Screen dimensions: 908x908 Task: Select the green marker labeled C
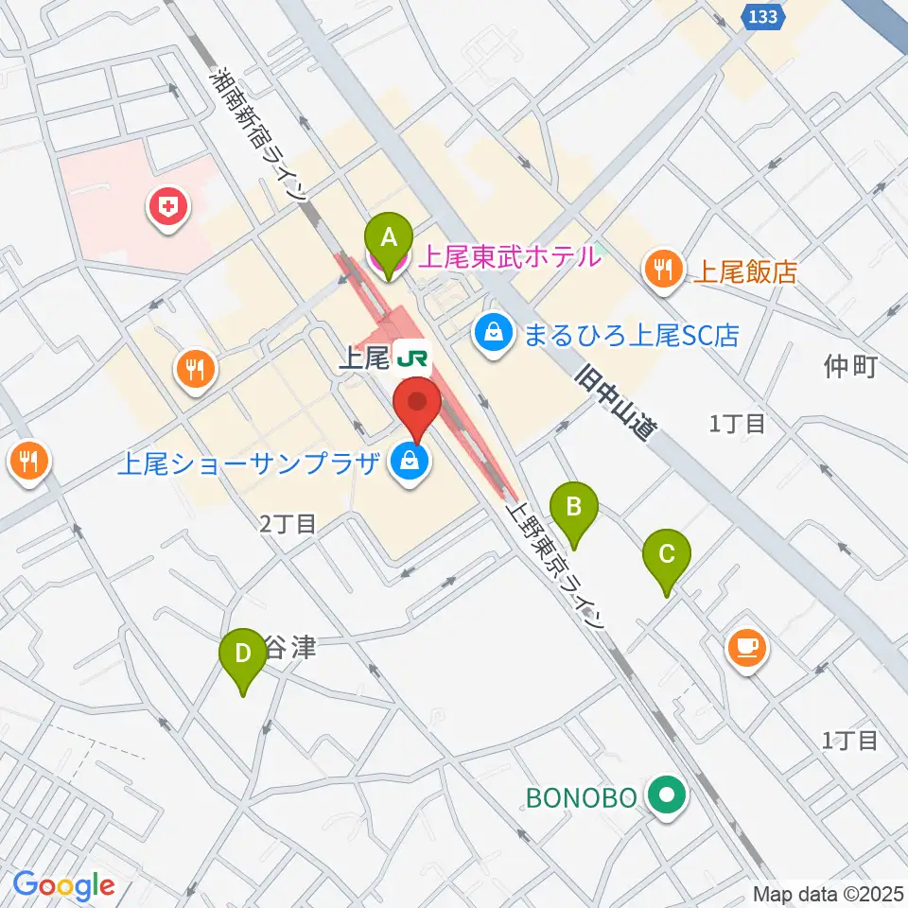(667, 559)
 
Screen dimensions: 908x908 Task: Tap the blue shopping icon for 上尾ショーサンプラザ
(410, 463)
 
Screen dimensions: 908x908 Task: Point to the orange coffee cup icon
(747, 648)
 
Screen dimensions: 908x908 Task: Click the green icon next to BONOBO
(669, 796)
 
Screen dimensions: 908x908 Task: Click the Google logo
(64, 886)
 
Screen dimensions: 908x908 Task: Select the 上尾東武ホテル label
(509, 255)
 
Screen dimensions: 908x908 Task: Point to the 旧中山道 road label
(616, 401)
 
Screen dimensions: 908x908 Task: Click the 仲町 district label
(851, 366)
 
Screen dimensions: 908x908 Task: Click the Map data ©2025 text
(828, 893)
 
